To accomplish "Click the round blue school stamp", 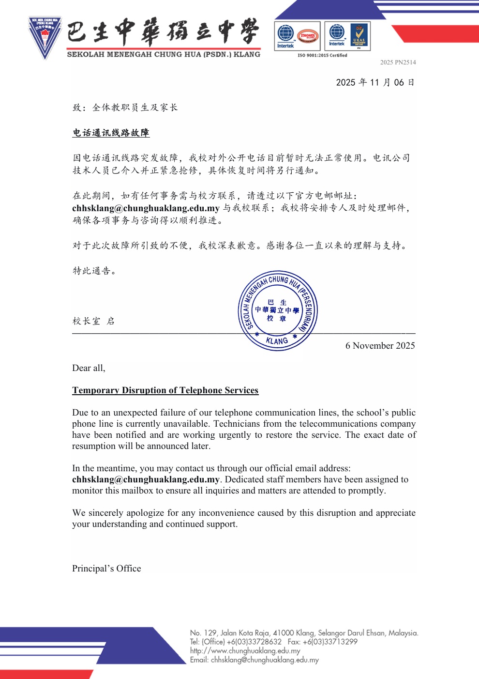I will (277, 310).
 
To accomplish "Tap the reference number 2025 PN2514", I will (398, 62).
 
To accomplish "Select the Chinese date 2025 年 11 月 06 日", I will (375, 83).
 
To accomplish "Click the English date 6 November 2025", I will (380, 346).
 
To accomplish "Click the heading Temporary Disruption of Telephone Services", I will (165, 390).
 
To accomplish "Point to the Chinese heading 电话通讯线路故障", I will (111, 133).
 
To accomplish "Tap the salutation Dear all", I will (89, 368).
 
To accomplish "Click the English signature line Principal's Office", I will (106, 569).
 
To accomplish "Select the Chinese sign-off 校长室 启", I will (93, 321).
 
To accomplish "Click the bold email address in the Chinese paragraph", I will (146, 208).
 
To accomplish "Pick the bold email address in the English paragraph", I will (146, 479).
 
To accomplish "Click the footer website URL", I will (245, 651).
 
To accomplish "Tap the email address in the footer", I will (265, 660).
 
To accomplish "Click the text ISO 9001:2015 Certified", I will (322, 56).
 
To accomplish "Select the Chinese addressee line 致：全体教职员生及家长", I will (125, 108).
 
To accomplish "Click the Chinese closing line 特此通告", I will (94, 271).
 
